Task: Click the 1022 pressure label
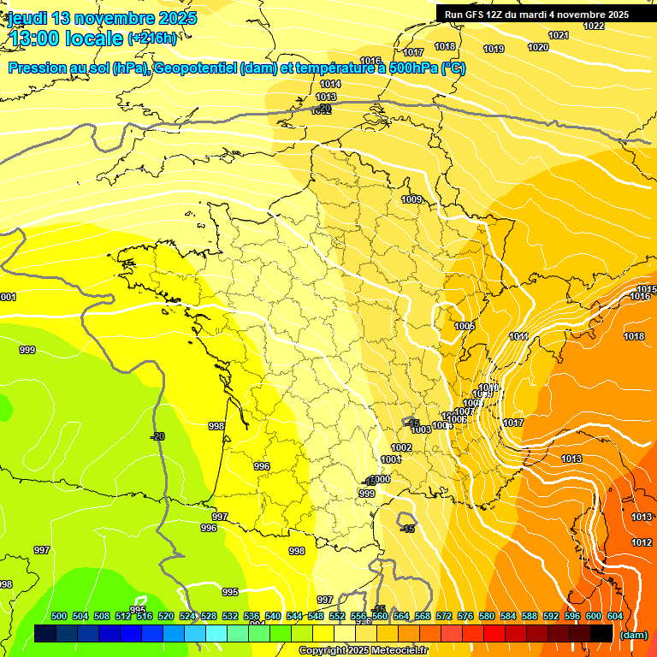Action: [x=594, y=26]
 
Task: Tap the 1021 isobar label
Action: [x=559, y=35]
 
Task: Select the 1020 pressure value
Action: [x=538, y=47]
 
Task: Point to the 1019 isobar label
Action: [x=494, y=49]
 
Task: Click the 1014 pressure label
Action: [x=330, y=84]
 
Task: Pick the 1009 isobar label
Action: [x=411, y=199]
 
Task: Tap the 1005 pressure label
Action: [x=465, y=326]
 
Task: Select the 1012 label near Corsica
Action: [x=642, y=542]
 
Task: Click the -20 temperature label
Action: [x=157, y=436]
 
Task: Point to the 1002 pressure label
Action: [x=401, y=447]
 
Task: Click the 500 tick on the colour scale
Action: [x=59, y=616]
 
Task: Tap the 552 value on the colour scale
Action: [x=338, y=616]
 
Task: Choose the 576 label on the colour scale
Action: [x=466, y=616]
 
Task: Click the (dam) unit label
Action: [x=634, y=634]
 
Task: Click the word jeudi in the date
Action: [x=28, y=18]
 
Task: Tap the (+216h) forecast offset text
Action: [x=152, y=38]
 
